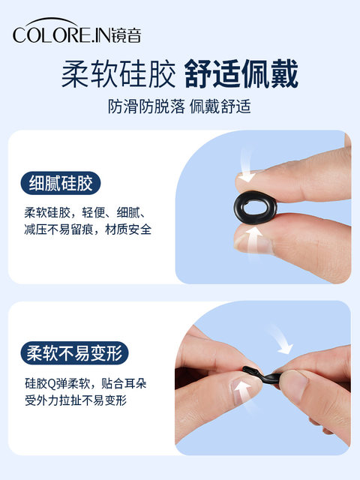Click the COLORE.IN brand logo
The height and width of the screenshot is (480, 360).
pyautogui.click(x=76, y=31)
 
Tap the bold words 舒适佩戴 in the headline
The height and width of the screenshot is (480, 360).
pyautogui.click(x=241, y=74)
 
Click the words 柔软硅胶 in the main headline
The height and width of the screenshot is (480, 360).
pyautogui.click(x=118, y=74)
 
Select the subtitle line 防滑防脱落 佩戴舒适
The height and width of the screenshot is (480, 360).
pyautogui.click(x=179, y=106)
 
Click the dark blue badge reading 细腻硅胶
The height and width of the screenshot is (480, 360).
pyautogui.click(x=61, y=183)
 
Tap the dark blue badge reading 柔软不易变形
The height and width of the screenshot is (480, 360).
pyautogui.click(x=74, y=353)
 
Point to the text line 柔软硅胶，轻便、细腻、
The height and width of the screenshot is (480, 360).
pyautogui.click(x=85, y=212)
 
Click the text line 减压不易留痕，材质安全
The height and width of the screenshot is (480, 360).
pyautogui.click(x=88, y=229)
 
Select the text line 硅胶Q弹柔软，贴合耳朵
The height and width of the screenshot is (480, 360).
pyautogui.click(x=85, y=383)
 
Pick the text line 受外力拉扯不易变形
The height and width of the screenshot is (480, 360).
pyautogui.click(x=76, y=400)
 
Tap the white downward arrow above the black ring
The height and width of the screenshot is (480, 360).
pyautogui.click(x=247, y=166)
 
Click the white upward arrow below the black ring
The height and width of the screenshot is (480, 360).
pyautogui.click(x=253, y=241)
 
